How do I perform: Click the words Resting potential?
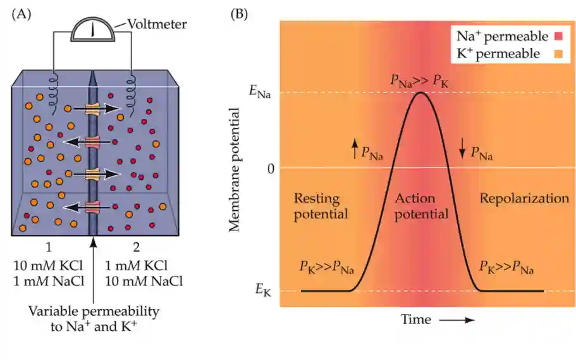321,206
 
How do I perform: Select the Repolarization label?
524,199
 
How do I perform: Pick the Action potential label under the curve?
421,206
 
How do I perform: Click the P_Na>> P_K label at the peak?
420,80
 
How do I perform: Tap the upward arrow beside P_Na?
354,150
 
